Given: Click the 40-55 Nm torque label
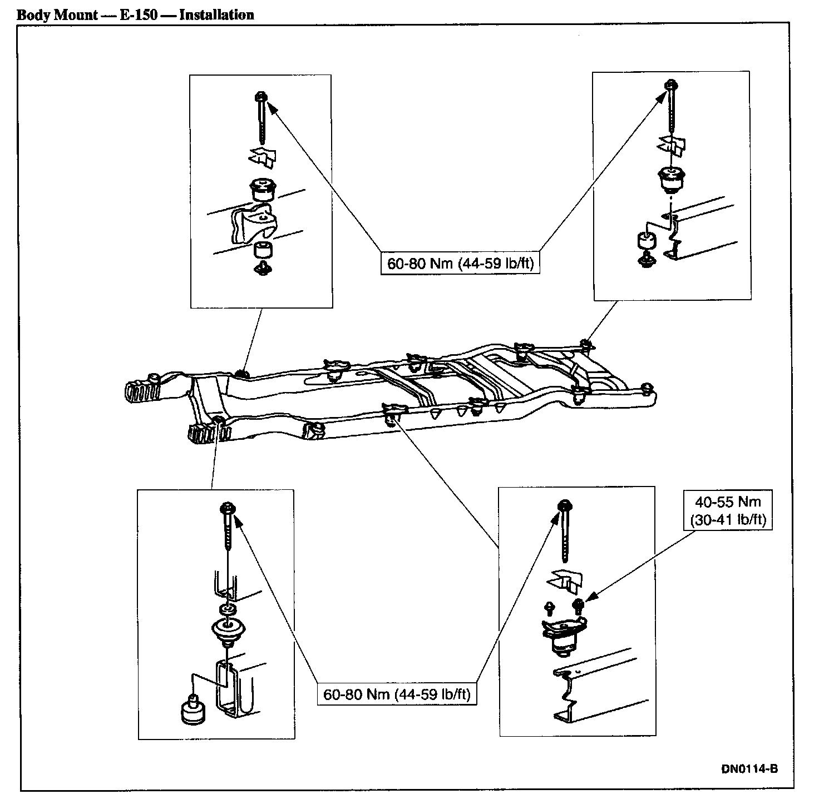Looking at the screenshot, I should (x=728, y=511).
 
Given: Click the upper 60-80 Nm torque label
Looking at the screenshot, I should (x=460, y=262).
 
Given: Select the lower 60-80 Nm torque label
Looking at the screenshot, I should (x=397, y=694).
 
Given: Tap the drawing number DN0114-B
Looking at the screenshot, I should (x=749, y=769).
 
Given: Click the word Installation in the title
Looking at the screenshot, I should (x=216, y=14).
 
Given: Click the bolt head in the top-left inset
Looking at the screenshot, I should (x=262, y=98).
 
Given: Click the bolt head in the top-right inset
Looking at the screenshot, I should (x=672, y=86).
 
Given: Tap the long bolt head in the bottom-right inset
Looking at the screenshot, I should (x=564, y=506).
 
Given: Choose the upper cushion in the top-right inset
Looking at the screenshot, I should (x=670, y=178).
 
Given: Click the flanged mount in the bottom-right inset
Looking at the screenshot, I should (x=563, y=637).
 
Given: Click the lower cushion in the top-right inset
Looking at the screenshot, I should (x=646, y=241).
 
